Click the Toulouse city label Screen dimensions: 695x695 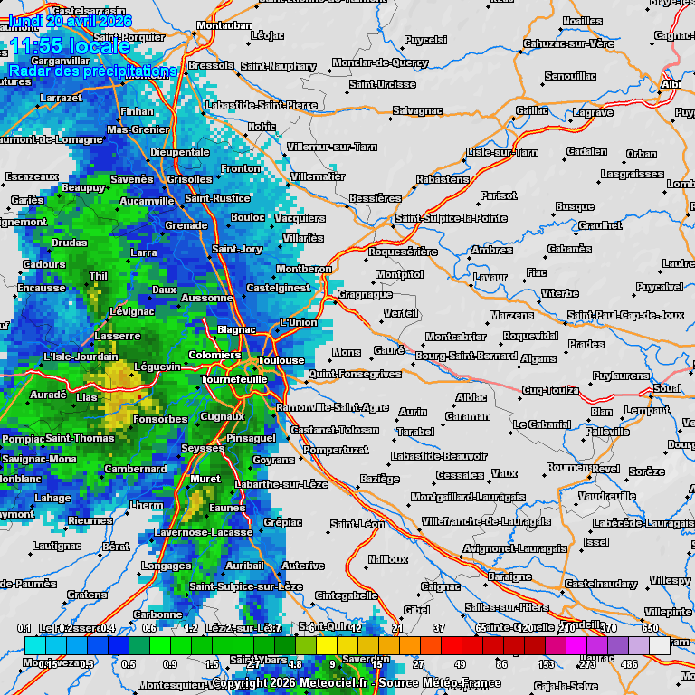[281, 360]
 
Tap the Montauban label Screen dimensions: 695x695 [224, 26]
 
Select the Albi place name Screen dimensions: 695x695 [671, 84]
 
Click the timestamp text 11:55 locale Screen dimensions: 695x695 [70, 47]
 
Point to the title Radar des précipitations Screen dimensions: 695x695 [92, 71]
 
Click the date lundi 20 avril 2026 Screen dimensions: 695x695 [70, 21]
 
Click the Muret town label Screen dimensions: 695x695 [205, 479]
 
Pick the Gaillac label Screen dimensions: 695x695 [532, 110]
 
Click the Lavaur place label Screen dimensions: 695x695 [490, 277]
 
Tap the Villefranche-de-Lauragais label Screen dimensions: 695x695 [486, 521]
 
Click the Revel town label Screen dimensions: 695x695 [605, 469]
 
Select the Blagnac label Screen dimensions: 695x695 [236, 330]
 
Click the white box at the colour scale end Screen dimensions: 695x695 [660, 645]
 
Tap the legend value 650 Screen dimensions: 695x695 [650, 628]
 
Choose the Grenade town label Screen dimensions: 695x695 [186, 225]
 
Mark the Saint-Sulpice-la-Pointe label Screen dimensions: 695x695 [451, 218]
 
